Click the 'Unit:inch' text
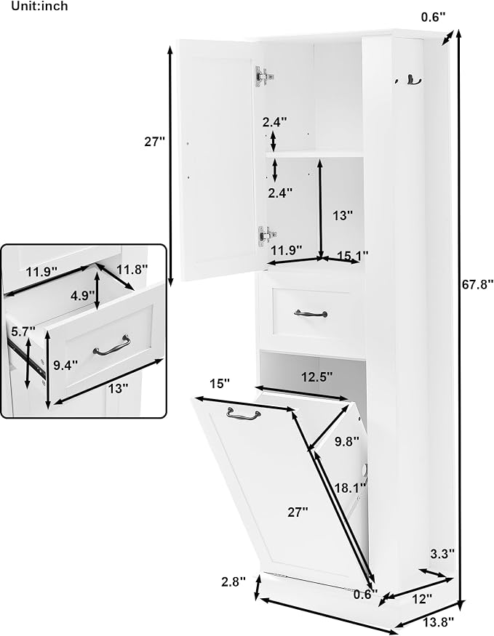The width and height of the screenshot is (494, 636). click(39, 6)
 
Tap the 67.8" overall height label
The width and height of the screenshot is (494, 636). click(478, 283)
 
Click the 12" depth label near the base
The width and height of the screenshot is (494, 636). click(421, 598)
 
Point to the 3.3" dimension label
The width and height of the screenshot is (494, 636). click(442, 554)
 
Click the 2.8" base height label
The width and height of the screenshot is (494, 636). click(234, 581)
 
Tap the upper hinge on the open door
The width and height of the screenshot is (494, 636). click(264, 76)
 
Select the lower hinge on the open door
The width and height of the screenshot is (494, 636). click(267, 236)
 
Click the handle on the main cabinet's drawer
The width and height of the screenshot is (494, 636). click(311, 313)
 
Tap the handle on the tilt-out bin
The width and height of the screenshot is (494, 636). click(244, 414)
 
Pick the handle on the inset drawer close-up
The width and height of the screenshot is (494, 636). click(112, 346)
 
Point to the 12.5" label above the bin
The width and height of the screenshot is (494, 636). click(317, 377)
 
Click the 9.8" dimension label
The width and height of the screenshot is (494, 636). click(347, 441)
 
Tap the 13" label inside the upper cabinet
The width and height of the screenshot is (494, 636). click(343, 215)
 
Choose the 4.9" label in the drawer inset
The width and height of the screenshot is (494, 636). click(82, 296)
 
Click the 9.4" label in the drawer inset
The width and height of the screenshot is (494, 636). click(65, 366)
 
